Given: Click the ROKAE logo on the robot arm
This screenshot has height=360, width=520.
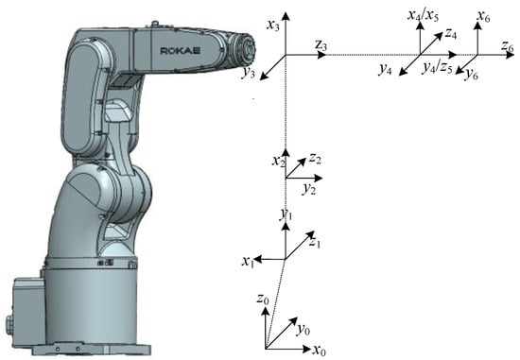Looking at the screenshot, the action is (181, 51).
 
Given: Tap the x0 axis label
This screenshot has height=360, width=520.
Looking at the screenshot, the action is (320, 350).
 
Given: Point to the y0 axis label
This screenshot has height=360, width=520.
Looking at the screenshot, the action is (303, 330).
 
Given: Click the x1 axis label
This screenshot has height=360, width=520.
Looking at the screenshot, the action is (248, 262).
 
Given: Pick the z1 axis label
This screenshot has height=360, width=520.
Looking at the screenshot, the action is (315, 243).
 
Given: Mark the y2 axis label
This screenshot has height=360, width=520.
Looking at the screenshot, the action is (309, 189).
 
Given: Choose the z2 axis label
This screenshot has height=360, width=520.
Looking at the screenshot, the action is (316, 159).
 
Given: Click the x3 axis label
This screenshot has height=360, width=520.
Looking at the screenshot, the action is (273, 26).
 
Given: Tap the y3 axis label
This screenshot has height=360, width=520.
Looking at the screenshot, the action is (249, 72).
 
